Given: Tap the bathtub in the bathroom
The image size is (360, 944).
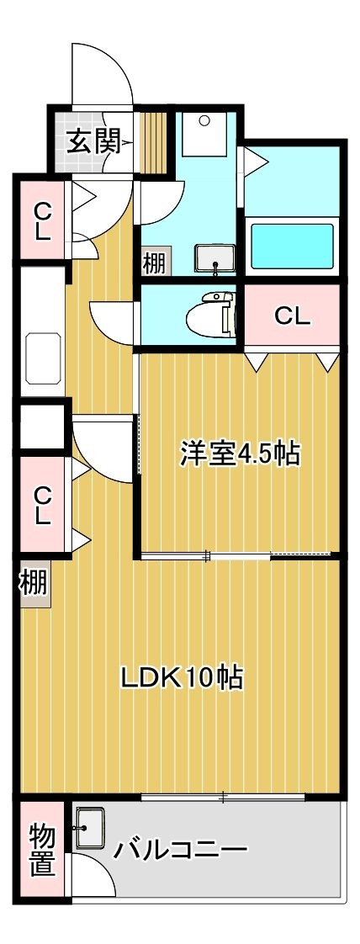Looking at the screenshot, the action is coord(292,247).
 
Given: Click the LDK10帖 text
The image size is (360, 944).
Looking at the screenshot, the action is coord(182,678).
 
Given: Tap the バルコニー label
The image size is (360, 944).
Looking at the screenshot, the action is coord(181,850).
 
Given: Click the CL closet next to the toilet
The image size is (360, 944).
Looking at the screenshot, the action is coord(292,315).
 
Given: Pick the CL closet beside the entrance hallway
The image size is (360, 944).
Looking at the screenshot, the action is coord(41,221).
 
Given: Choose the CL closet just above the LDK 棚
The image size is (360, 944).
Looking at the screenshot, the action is coord(41,506).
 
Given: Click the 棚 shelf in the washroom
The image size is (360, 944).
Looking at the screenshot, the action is coord(155,263).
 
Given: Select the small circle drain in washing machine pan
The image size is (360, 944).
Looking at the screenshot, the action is coord(204,120).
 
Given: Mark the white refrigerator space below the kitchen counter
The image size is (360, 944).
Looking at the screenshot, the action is coord(42,427).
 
